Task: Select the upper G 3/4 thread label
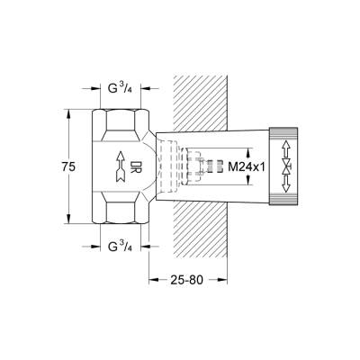[x=122, y=90]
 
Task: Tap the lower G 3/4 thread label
[x=122, y=245]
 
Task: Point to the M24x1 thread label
[x=244, y=166]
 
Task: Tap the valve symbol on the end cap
[x=287, y=166]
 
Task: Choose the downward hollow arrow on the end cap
[x=287, y=190]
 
